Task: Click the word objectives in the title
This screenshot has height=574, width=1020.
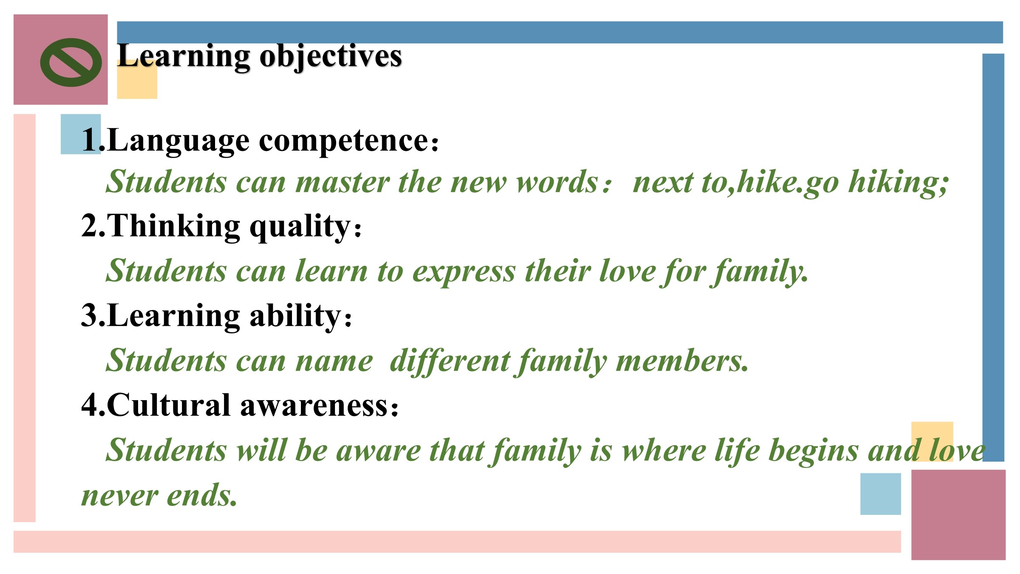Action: point(331,57)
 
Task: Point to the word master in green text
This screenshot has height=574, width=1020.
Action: point(343,182)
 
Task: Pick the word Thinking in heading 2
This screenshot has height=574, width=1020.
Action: point(173,227)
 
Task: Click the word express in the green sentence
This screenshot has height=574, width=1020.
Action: point(464,273)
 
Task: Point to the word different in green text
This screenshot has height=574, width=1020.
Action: point(450,361)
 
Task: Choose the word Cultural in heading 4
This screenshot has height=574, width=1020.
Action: point(169,405)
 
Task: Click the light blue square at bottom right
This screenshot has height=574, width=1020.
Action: point(881,494)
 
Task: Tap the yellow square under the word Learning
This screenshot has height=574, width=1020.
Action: point(137,80)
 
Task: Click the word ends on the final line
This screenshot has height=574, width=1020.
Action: point(202,495)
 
